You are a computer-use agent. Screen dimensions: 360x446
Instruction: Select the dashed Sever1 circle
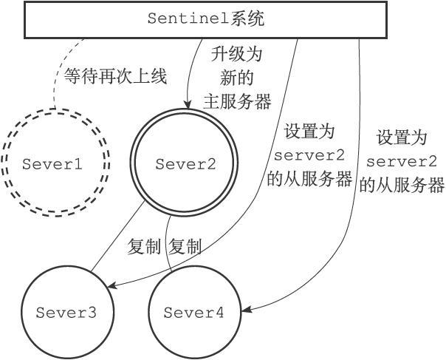[x=52, y=164]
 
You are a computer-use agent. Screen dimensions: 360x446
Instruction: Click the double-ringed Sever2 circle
[x=185, y=164]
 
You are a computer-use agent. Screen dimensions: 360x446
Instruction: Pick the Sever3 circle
[x=66, y=312]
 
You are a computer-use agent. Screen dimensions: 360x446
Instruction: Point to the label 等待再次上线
[x=115, y=75]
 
